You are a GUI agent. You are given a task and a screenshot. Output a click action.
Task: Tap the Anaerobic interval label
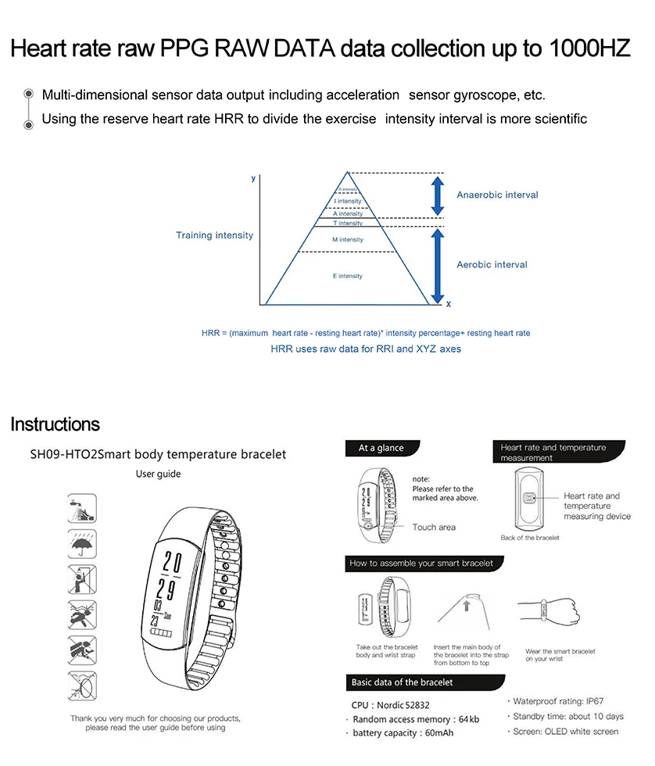[497, 195]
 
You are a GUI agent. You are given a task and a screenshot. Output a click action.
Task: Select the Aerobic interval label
[492, 265]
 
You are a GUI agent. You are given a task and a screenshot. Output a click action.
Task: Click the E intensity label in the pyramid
[348, 276]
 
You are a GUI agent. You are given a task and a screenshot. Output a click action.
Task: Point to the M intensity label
[348, 239]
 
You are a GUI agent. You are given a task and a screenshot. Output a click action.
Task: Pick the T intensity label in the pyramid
[348, 224]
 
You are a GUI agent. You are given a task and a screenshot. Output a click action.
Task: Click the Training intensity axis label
[214, 235]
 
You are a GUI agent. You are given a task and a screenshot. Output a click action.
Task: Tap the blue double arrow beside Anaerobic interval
[438, 195]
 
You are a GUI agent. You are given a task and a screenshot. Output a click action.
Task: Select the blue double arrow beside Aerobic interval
[438, 266]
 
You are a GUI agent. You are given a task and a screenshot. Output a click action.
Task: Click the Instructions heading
[55, 424]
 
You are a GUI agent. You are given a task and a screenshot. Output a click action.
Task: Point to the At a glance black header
[381, 449]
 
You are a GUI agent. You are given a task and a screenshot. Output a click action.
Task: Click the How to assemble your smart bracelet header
[421, 563]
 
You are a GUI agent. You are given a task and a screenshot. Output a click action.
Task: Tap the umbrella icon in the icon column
[82, 542]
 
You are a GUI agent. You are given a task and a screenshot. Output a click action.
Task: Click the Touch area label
[433, 528]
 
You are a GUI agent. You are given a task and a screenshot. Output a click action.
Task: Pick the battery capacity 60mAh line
[403, 733]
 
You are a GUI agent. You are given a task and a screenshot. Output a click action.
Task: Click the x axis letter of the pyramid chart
[448, 304]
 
